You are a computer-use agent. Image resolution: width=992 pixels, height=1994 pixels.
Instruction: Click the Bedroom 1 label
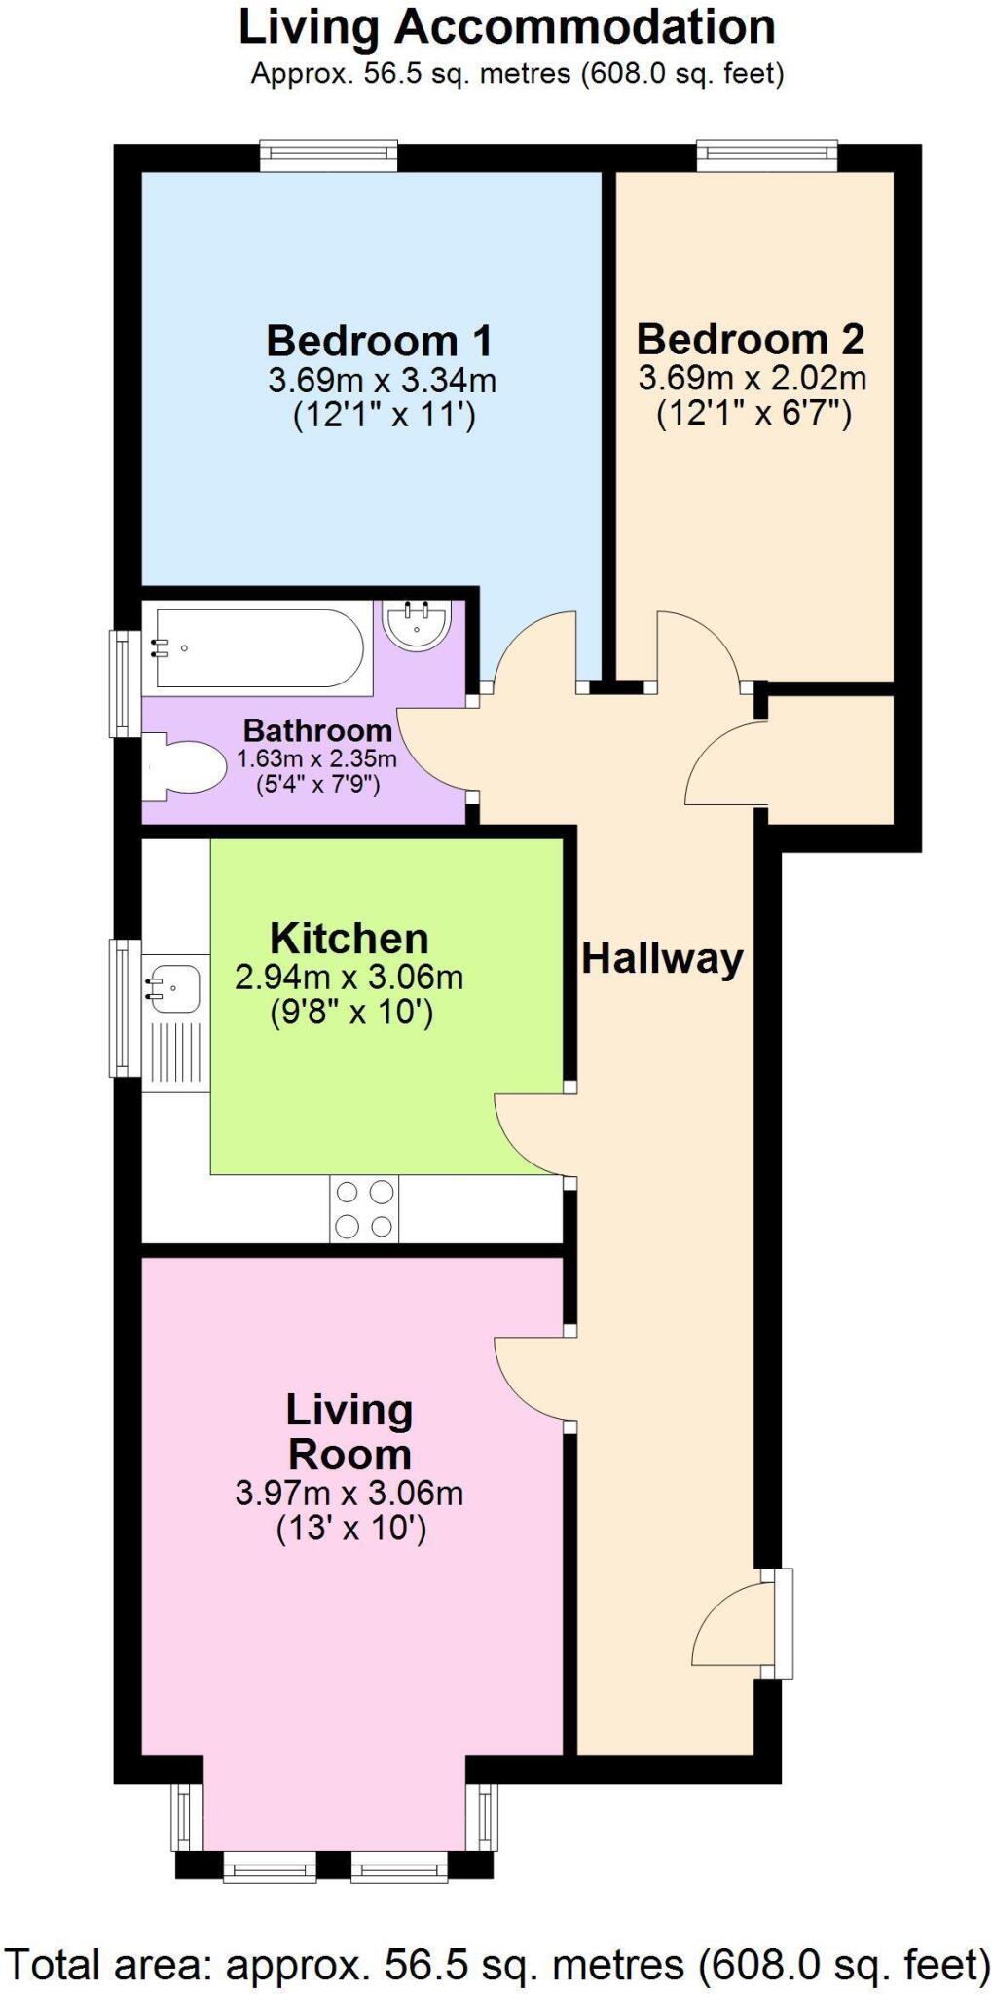pos(379,342)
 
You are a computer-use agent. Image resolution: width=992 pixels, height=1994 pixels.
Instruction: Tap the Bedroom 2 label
pos(750,340)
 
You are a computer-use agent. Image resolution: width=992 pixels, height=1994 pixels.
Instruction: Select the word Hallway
pos(662,959)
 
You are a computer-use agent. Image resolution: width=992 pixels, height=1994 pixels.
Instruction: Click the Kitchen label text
pos(349,939)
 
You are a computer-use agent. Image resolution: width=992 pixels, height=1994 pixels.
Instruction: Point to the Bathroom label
pos(317,730)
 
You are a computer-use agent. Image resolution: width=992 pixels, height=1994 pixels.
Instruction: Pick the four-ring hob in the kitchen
pos(364,1209)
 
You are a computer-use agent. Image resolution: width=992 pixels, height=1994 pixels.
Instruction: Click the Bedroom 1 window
pos(329,156)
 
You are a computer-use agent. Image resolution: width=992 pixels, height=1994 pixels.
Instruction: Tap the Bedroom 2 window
pos(767,156)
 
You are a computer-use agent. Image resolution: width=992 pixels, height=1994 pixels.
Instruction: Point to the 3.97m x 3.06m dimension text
pos(349,1493)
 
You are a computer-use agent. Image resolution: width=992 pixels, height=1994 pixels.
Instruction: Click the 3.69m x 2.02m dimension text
pos(752,378)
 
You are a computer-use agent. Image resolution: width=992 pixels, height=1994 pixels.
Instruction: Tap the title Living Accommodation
pos(507,27)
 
